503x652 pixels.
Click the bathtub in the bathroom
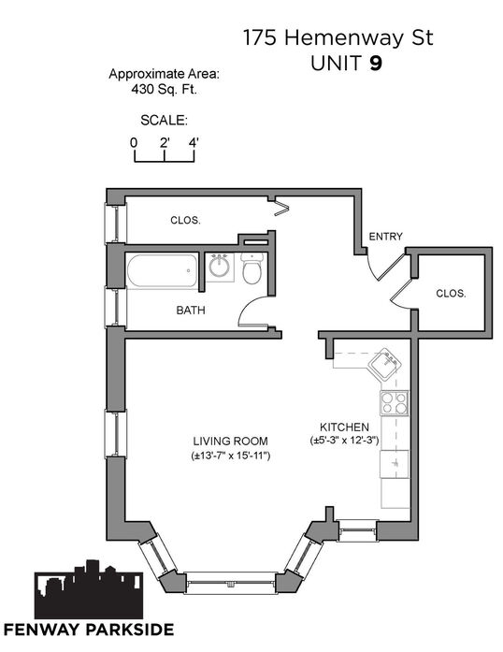pos(162,270)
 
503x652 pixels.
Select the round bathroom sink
pos(219,267)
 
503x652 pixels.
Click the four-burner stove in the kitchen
pos(395,403)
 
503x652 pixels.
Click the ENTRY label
pos(386,237)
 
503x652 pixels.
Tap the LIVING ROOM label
pos(230,441)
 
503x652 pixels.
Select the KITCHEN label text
pos(344,427)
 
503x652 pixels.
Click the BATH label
pos(191,311)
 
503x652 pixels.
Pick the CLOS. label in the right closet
pos(451,293)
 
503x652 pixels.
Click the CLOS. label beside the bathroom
pos(185,220)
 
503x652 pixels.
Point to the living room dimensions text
pos(231,456)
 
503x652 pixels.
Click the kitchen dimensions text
pos(345,441)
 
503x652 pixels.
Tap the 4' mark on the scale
pos(194,142)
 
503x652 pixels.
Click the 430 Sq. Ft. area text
pos(164,89)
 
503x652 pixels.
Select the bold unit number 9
pos(375,64)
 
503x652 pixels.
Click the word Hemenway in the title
pos(344,37)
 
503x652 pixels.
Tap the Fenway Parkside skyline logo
pos(89,589)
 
